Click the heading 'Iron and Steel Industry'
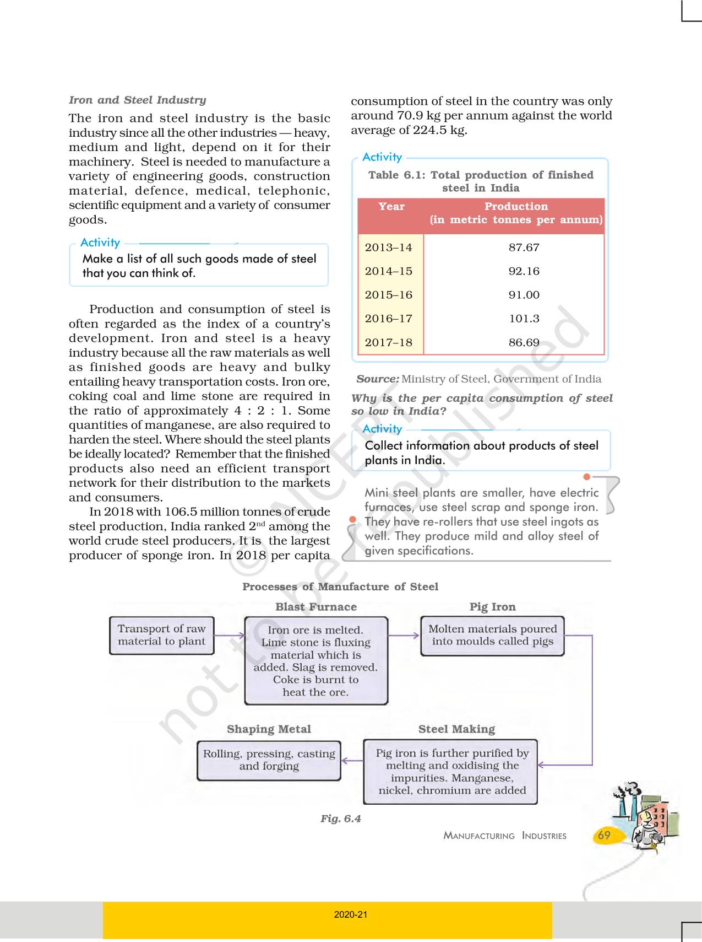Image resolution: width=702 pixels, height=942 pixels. point(137,100)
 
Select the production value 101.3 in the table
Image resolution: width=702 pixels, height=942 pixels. point(524,319)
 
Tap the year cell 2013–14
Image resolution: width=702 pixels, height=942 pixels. point(388,247)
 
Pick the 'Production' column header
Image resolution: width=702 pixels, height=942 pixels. point(516,207)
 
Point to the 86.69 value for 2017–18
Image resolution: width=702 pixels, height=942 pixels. point(524,342)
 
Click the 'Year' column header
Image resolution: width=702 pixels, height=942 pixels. point(391,207)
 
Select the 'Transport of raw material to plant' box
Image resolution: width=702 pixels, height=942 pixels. point(161,635)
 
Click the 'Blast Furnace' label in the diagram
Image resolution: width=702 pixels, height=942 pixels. point(316,607)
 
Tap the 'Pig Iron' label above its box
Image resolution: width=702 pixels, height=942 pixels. point(492,607)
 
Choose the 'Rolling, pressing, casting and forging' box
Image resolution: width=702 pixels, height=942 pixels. point(269,760)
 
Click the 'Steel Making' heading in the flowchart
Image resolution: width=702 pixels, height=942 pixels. point(456,729)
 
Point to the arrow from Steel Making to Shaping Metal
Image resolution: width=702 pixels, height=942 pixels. point(352,761)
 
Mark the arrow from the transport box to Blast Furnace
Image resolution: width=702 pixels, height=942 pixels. point(229,636)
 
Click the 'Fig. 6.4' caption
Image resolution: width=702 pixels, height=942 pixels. point(340,819)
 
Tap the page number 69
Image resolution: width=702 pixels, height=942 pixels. point(604,835)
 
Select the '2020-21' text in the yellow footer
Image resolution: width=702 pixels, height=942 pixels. point(351,914)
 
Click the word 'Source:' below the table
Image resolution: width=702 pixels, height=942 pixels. point(377,379)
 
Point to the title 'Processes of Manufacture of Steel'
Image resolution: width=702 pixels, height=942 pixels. point(340,586)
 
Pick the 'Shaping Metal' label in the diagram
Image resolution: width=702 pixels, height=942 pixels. point(269,729)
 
